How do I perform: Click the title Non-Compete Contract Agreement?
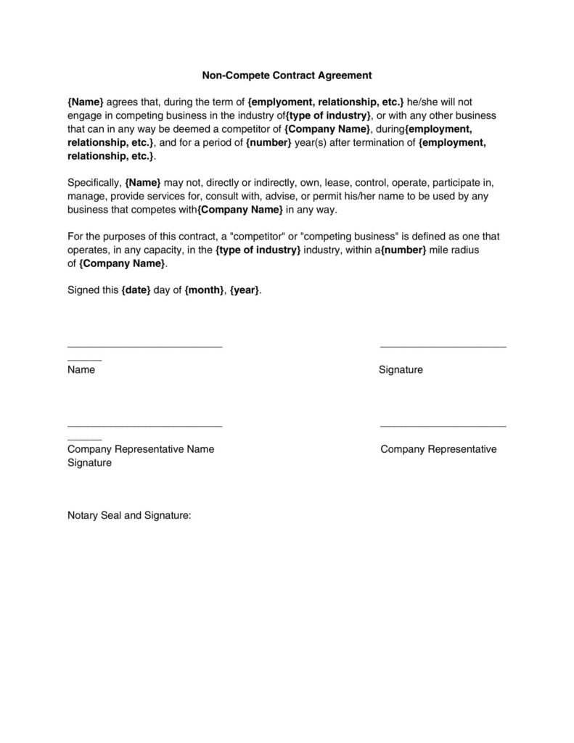click(x=286, y=75)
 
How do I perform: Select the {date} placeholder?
click(x=136, y=291)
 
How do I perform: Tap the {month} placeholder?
click(x=204, y=291)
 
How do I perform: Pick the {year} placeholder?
click(x=245, y=291)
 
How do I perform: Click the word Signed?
click(x=83, y=291)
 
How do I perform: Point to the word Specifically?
click(x=94, y=184)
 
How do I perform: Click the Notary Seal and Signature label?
click(x=129, y=515)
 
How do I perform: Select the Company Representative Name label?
click(x=141, y=449)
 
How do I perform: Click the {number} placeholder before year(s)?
click(x=269, y=143)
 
